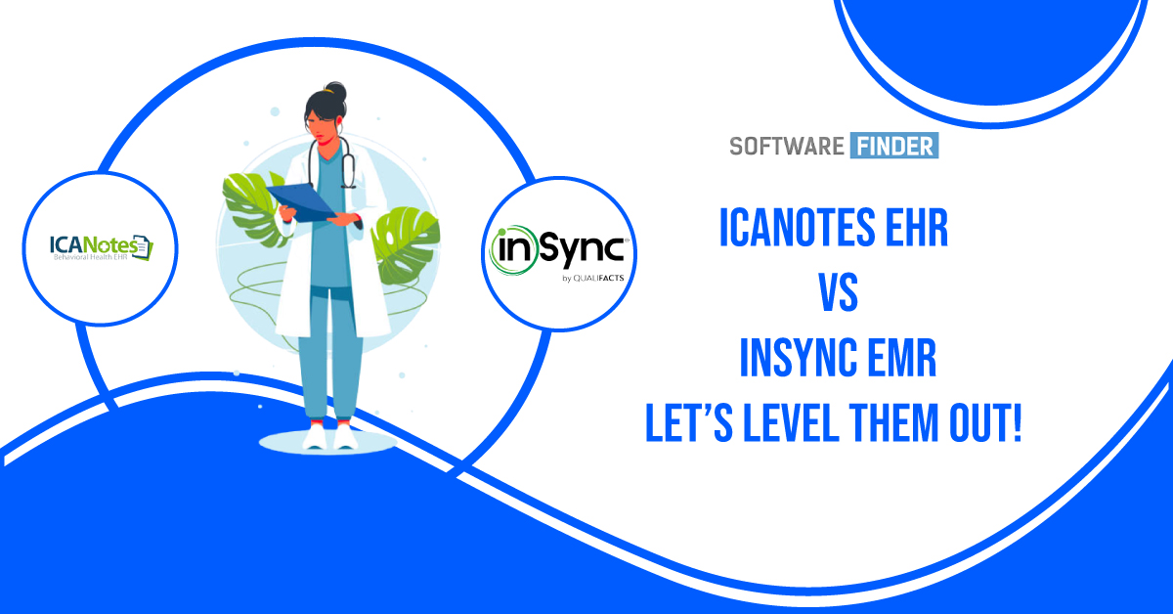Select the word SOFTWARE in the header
[x=786, y=147]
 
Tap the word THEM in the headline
[x=901, y=426]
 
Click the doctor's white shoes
[x=328, y=438]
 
